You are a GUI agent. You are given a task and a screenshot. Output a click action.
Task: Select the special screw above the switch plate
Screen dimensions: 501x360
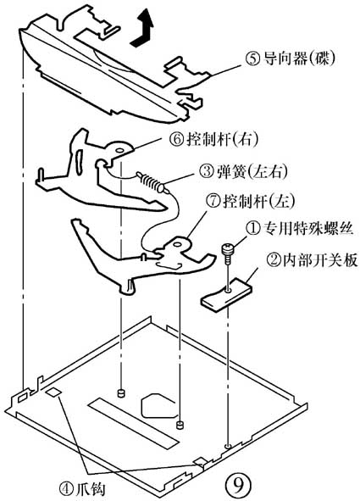(x=227, y=251)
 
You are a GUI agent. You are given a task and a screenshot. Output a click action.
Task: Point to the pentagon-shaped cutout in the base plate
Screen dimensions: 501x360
(x=160, y=405)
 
